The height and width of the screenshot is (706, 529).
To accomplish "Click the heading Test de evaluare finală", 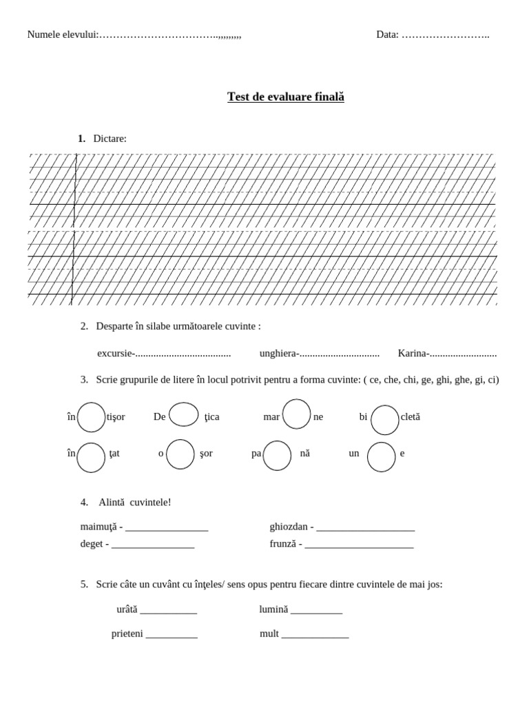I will click(x=286, y=97).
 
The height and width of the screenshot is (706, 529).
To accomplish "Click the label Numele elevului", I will click(x=62, y=35).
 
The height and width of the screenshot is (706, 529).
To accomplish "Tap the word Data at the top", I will click(x=386, y=35).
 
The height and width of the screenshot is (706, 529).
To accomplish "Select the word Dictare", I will click(x=110, y=139).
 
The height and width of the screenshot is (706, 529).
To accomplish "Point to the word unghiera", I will click(x=278, y=354).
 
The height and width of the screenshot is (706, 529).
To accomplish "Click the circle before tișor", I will click(x=91, y=417).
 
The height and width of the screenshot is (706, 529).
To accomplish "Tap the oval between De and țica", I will click(x=184, y=415).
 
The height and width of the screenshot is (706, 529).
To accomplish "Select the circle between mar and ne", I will click(x=297, y=414).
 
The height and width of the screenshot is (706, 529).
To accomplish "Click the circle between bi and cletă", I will click(x=384, y=419).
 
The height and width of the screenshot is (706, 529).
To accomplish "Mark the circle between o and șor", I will click(x=180, y=454).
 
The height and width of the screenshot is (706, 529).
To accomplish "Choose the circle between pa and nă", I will click(x=277, y=456).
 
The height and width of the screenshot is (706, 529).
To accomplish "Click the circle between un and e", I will click(x=381, y=457).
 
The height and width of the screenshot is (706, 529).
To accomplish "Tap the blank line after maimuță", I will click(x=167, y=529).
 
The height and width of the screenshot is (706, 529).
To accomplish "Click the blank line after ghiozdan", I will click(x=366, y=529).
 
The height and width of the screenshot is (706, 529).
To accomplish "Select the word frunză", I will click(x=282, y=544).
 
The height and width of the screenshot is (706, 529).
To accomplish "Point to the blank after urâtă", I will click(x=169, y=611).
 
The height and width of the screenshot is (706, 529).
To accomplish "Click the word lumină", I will click(x=273, y=610).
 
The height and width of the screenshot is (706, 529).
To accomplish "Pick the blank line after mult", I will click(x=315, y=635).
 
